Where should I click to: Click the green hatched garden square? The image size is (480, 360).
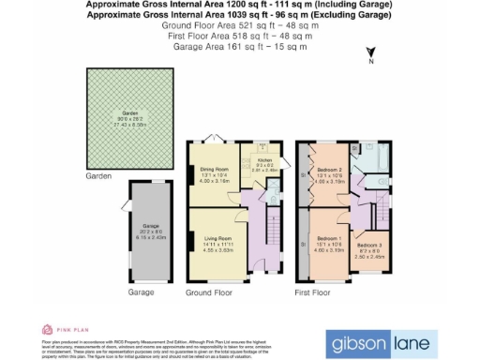pos(135,119)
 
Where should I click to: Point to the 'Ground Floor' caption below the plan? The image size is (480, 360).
pos(209,292)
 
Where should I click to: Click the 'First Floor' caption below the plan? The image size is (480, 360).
pos(313,292)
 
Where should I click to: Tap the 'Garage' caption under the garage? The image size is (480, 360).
pos(141,292)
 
